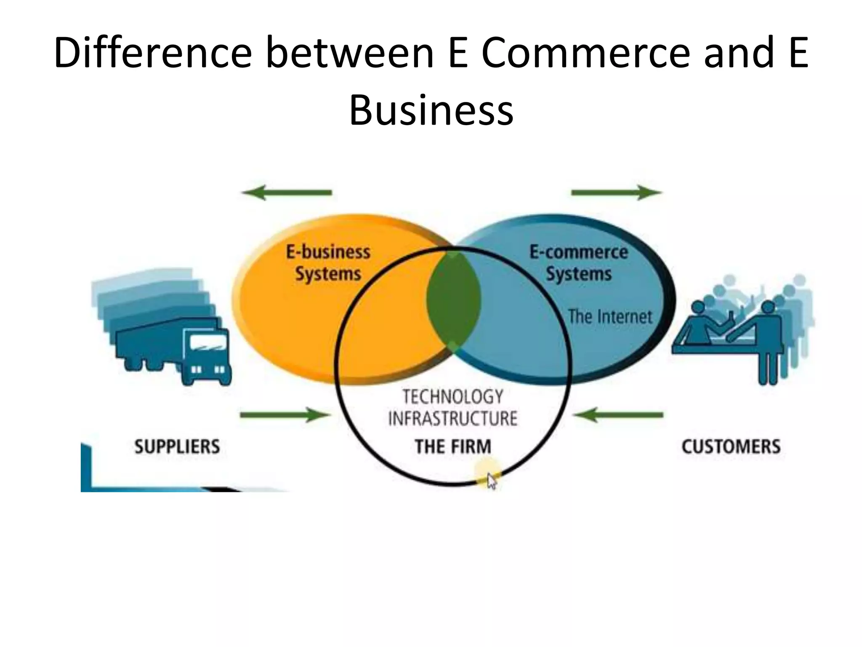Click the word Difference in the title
(153, 53)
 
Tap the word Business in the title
(431, 110)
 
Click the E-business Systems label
(328, 263)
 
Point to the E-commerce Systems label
(579, 263)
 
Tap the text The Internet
(610, 316)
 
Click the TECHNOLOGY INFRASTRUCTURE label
(453, 407)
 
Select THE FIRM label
(453, 446)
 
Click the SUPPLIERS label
(177, 446)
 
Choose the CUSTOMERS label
(731, 446)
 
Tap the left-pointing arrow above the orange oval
(287, 192)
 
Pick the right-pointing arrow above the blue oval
(616, 192)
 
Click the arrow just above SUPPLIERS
(285, 415)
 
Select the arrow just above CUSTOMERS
(618, 415)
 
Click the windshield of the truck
(208, 344)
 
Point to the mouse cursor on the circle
(491, 480)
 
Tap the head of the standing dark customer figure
(768, 307)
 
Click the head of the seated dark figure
(698, 307)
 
